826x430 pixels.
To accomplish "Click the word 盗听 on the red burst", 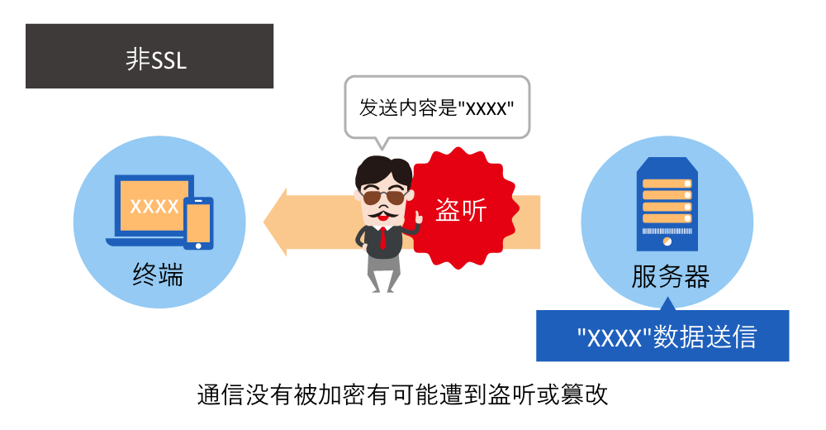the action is pyautogui.click(x=462, y=210).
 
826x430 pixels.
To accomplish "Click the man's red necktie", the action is pyautogui.click(x=383, y=236).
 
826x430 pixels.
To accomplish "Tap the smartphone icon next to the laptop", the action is pyautogui.click(x=198, y=222).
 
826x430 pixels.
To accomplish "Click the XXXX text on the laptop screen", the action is pyautogui.click(x=154, y=206).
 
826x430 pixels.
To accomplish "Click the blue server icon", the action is pyautogui.click(x=667, y=203).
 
